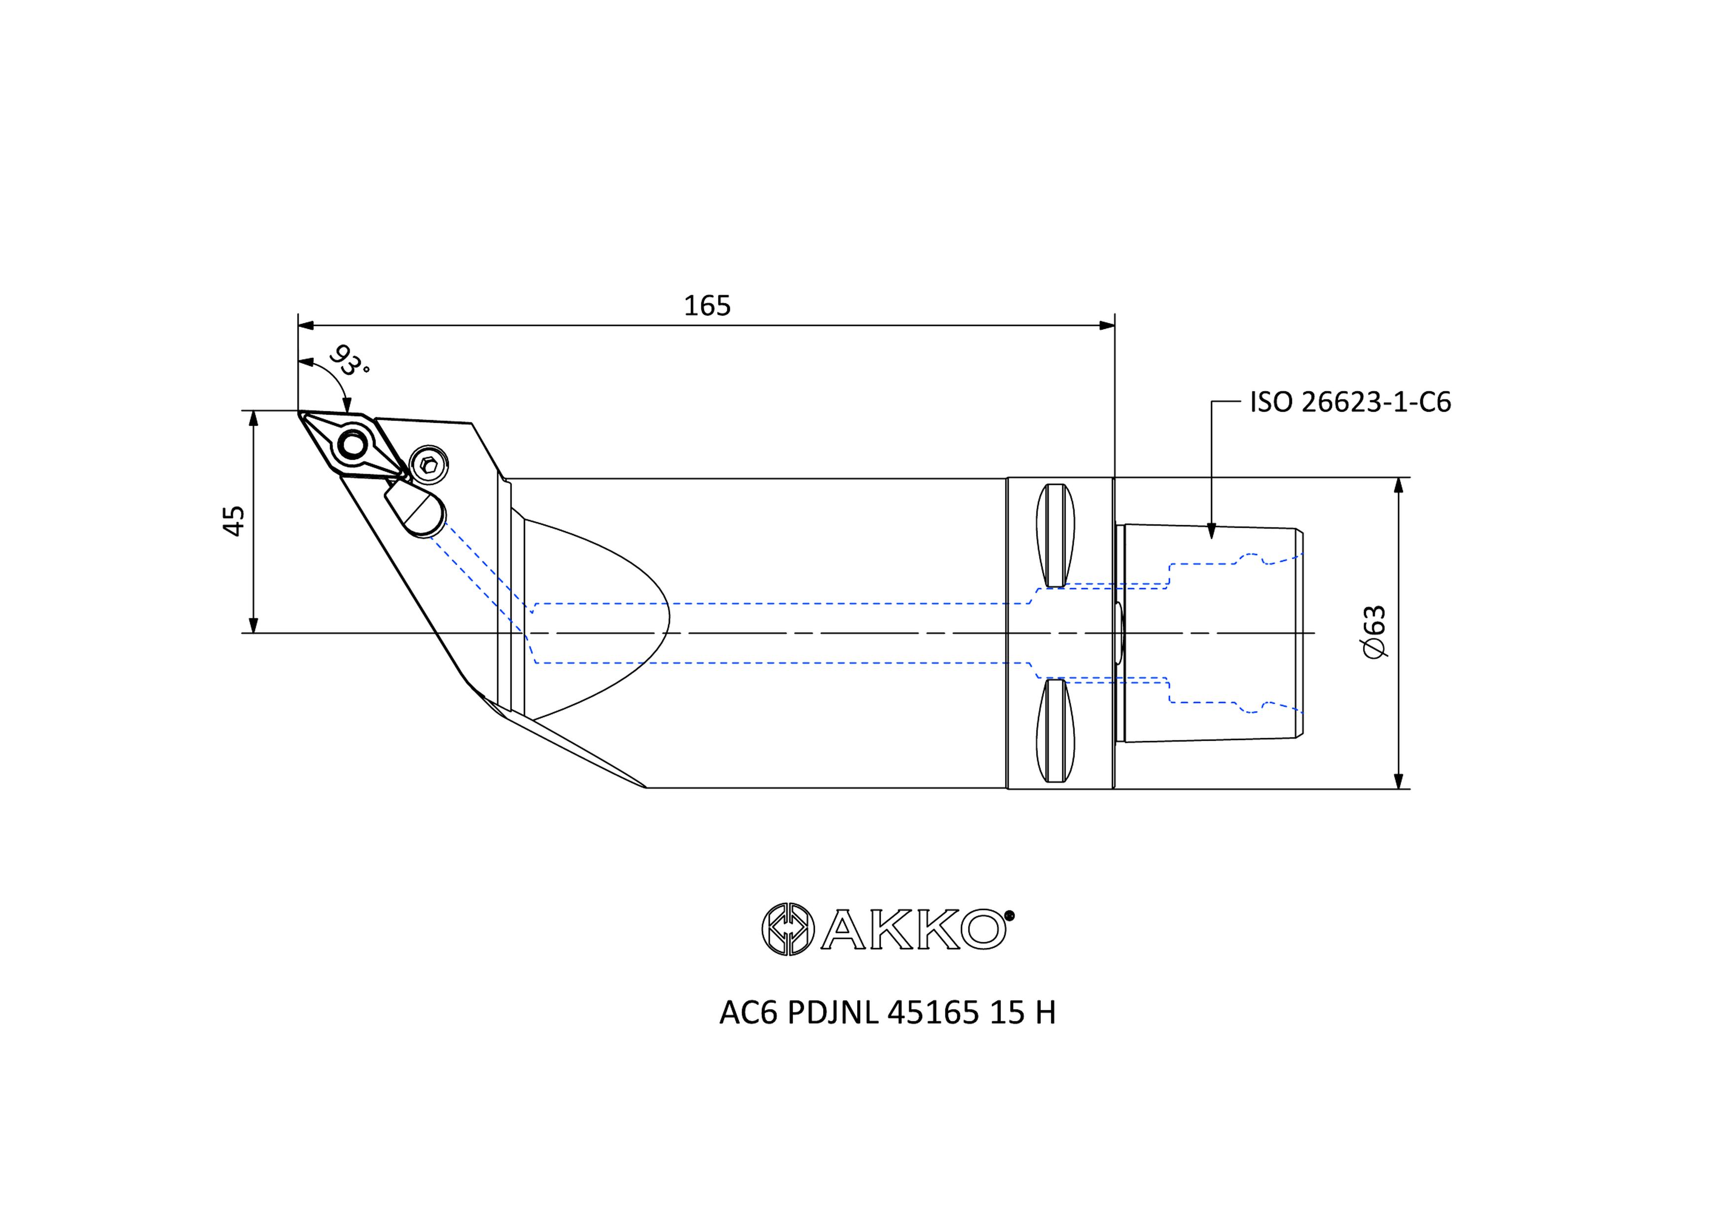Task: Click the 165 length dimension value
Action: [x=707, y=306]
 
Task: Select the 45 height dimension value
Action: [x=234, y=521]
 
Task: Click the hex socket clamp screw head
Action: [x=429, y=465]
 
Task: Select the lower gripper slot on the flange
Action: [x=1056, y=730]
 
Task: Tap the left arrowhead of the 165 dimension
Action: [x=305, y=325]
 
